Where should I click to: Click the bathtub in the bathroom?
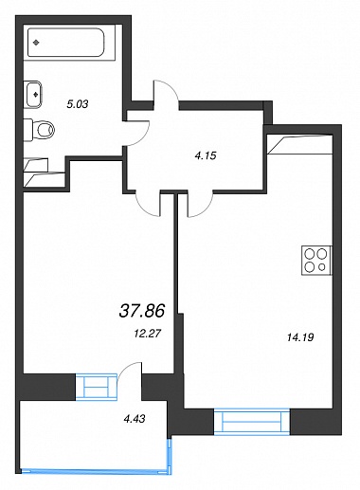65,43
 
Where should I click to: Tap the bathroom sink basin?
33,94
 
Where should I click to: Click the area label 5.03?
78,104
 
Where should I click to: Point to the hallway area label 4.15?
206,155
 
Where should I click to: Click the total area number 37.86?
142,311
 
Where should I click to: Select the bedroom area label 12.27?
148,334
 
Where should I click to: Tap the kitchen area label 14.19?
300,337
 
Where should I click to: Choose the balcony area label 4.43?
135,419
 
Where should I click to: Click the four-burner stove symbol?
316,261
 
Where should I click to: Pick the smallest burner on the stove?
322,267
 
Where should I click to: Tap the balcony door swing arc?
125,367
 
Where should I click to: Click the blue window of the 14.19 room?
252,422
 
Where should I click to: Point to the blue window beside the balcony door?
97,387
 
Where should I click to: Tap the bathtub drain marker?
36,43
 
